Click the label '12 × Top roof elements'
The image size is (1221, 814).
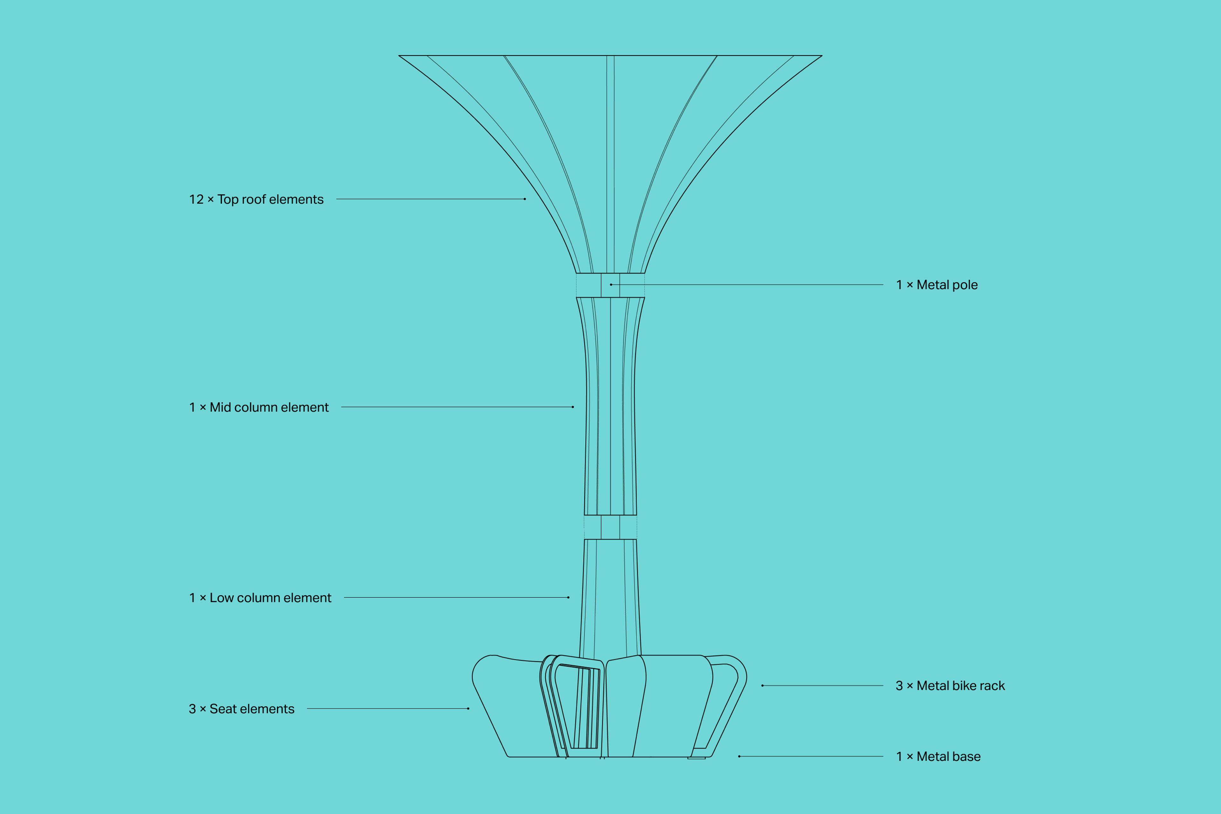click(x=256, y=199)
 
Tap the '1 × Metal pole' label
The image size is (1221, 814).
click(x=936, y=285)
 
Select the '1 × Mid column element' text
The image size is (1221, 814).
click(x=259, y=408)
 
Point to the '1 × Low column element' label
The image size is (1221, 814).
click(x=259, y=598)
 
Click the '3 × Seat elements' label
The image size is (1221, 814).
click(x=241, y=709)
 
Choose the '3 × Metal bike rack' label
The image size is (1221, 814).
click(x=950, y=686)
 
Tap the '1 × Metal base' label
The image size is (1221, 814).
click(x=938, y=757)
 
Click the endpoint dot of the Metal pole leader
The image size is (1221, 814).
click(x=611, y=285)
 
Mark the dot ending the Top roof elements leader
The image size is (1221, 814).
click(x=525, y=199)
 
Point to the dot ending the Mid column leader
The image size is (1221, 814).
click(x=573, y=407)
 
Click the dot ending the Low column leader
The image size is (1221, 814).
click(x=569, y=597)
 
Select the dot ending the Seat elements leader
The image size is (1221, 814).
click(x=468, y=709)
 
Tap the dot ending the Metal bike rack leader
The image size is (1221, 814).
click(x=762, y=686)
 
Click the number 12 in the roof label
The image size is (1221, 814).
click(x=196, y=199)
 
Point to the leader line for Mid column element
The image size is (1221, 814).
click(x=457, y=407)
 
